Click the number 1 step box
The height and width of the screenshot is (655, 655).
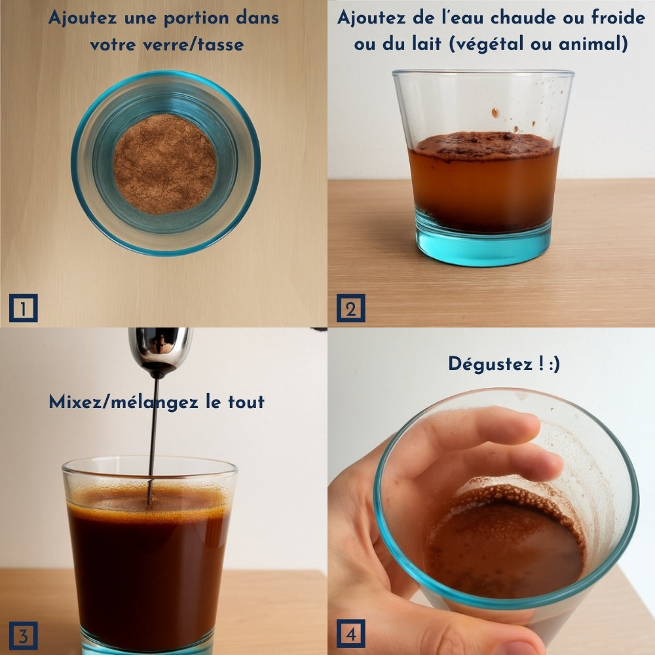point(24,308)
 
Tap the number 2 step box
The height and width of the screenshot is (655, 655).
point(350,308)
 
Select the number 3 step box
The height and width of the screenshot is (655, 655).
point(24,635)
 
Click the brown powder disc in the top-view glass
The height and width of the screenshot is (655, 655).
point(164,164)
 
